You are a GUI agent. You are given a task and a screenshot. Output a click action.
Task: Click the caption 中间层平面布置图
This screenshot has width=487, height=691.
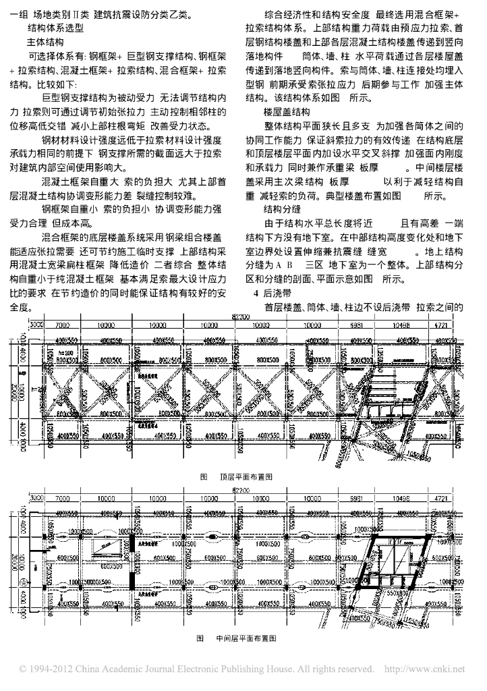246,636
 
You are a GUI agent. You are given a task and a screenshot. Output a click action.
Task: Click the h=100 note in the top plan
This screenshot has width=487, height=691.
65,353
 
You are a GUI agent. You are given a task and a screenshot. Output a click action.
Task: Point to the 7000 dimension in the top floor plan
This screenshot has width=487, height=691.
63,325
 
